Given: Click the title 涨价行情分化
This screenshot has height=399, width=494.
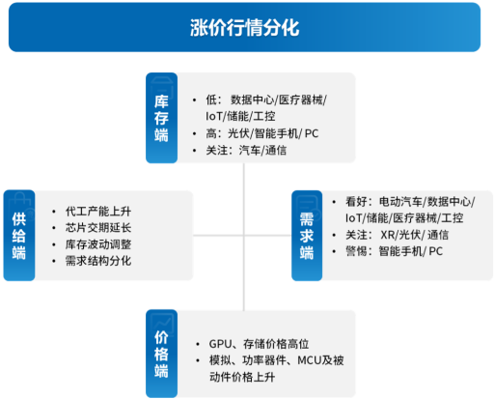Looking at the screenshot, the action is [x=244, y=28].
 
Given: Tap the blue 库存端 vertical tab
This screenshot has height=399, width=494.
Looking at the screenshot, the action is [x=161, y=118].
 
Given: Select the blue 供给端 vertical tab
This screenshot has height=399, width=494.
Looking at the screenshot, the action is [x=19, y=236].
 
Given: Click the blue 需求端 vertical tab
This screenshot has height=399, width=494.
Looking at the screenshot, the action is [x=307, y=236].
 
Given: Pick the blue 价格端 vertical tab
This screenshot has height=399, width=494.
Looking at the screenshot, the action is [x=161, y=354].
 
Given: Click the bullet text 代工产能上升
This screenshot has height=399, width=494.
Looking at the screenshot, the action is [x=98, y=212].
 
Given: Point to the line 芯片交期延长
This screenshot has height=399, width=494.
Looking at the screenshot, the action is [x=98, y=228].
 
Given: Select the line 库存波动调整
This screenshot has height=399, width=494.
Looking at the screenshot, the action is [x=98, y=244].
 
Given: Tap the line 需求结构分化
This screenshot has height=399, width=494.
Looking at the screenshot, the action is [x=98, y=261].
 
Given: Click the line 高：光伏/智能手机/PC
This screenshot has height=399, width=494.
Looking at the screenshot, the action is [x=262, y=133].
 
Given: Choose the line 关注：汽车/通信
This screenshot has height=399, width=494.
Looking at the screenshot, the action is [x=246, y=151].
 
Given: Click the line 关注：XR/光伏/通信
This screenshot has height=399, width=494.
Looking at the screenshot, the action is [x=397, y=235].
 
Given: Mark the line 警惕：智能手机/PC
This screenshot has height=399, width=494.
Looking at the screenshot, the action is [x=395, y=251].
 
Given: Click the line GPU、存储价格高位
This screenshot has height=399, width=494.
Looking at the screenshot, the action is [x=259, y=344].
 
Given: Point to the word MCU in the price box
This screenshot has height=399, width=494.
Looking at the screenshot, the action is [x=309, y=360].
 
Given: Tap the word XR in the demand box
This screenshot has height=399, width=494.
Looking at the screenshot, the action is [x=388, y=235].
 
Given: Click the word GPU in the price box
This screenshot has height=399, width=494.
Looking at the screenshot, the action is [x=220, y=344].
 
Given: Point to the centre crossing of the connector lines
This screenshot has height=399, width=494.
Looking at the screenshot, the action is [x=244, y=236].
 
